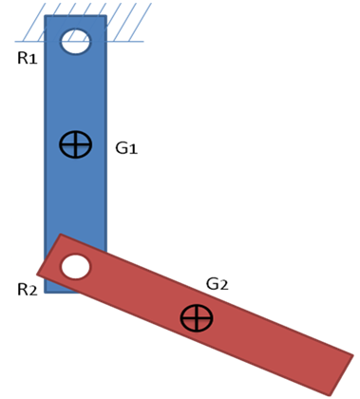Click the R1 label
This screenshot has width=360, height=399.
pyautogui.click(x=27, y=59)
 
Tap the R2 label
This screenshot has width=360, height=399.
pyautogui.click(x=27, y=289)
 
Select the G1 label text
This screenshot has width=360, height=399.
pyautogui.click(x=126, y=148)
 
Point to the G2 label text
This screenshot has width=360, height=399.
pyautogui.click(x=218, y=284)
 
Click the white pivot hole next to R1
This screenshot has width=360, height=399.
pyautogui.click(x=75, y=42)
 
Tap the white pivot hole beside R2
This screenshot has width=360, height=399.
pyautogui.click(x=75, y=267)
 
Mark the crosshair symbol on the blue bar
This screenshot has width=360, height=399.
pyautogui.click(x=75, y=144)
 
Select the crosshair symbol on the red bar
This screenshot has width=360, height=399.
pyautogui.click(x=197, y=318)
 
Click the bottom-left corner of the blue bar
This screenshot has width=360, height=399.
pyautogui.click(x=46, y=292)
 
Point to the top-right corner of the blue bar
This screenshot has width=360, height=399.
pyautogui.click(x=105, y=16)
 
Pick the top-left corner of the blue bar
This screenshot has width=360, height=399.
pyautogui.click(x=46, y=16)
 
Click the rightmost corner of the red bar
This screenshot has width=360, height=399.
pyautogui.click(x=353, y=356)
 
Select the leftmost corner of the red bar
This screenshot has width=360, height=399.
pyautogui.click(x=38, y=273)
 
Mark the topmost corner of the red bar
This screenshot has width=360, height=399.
pyautogui.click(x=61, y=235)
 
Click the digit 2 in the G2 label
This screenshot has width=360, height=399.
pyautogui.click(x=224, y=285)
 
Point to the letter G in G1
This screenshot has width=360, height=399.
pyautogui.click(x=122, y=148)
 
